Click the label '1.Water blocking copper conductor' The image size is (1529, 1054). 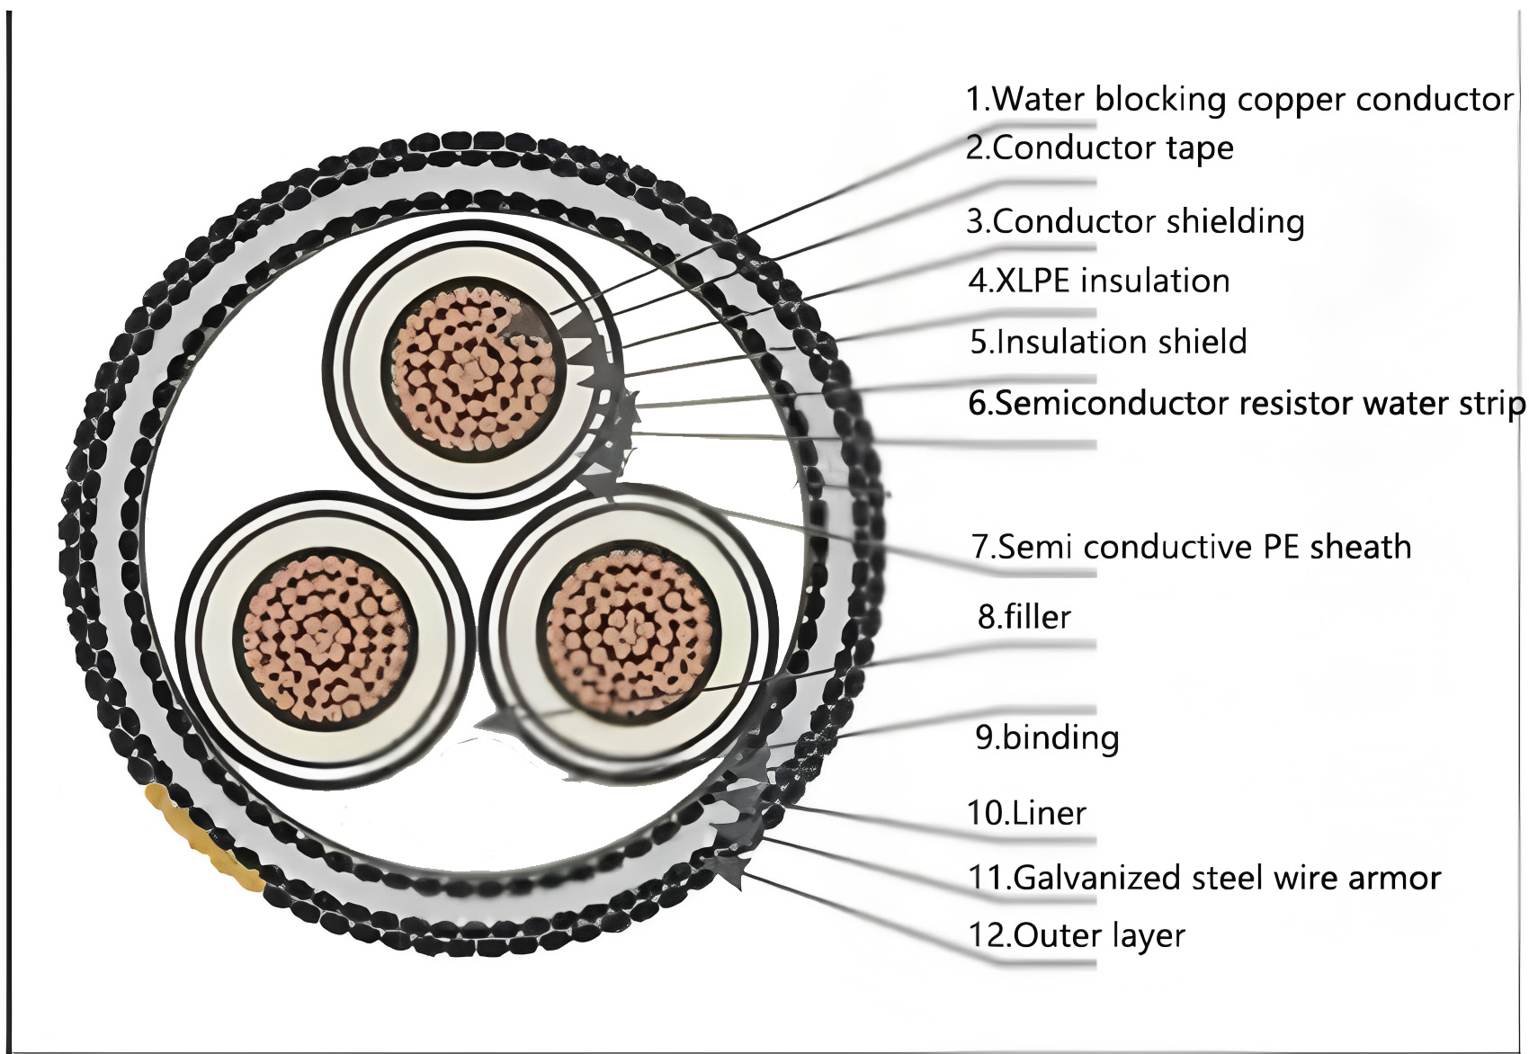click(1239, 99)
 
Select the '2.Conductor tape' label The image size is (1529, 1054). click(1099, 147)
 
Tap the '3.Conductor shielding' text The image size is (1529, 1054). click(1135, 221)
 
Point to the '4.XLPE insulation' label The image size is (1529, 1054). click(1099, 281)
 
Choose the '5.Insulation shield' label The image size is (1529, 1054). click(1108, 342)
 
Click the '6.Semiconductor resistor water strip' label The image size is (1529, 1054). click(1247, 403)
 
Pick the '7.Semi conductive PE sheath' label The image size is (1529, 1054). click(1191, 547)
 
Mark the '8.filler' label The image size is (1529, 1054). click(1024, 617)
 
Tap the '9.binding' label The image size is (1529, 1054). click(1047, 737)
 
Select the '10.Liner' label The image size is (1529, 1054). click(1026, 813)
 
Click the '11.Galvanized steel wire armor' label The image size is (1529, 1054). click(1204, 877)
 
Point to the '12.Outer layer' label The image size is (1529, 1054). click(1077, 935)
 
